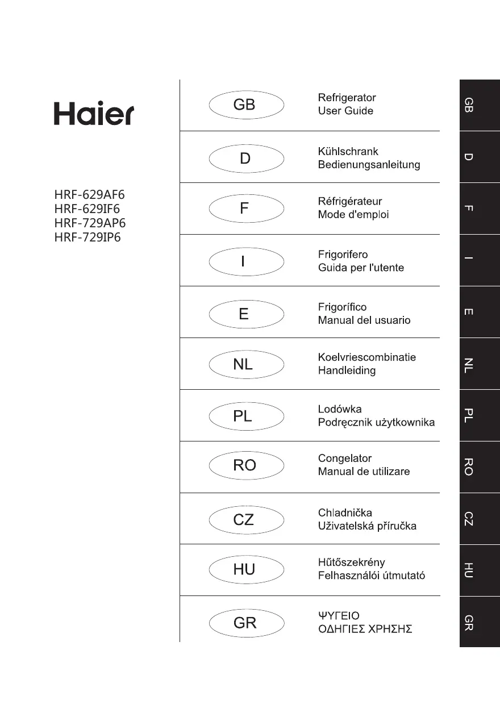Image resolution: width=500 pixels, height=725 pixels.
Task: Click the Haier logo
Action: coord(94,114)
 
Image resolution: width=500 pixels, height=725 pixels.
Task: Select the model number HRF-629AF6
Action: coord(89,196)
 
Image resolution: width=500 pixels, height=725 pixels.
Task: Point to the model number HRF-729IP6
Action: coord(88,238)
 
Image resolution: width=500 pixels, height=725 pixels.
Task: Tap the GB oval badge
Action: coord(246,105)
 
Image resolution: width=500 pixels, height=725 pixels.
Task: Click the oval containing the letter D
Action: coord(246,159)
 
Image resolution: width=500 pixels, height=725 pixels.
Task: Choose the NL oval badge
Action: coord(246,365)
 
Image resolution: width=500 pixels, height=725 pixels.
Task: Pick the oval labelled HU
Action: coord(246,569)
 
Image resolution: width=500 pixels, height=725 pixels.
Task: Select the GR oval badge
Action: coord(246,623)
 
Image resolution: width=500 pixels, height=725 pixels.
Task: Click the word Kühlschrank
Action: coord(348,152)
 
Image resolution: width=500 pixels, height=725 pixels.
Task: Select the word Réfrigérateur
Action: coord(350,202)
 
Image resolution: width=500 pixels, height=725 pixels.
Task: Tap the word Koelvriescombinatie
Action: coord(366,357)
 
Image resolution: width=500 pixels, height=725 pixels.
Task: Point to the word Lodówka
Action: coord(340,409)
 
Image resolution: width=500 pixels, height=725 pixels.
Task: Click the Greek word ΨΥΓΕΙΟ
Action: coord(339,616)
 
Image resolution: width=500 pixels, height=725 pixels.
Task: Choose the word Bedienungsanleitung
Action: coord(369,165)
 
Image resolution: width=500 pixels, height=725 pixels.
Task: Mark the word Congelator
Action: coord(345,458)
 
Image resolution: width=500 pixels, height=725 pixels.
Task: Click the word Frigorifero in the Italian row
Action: coord(343,254)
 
